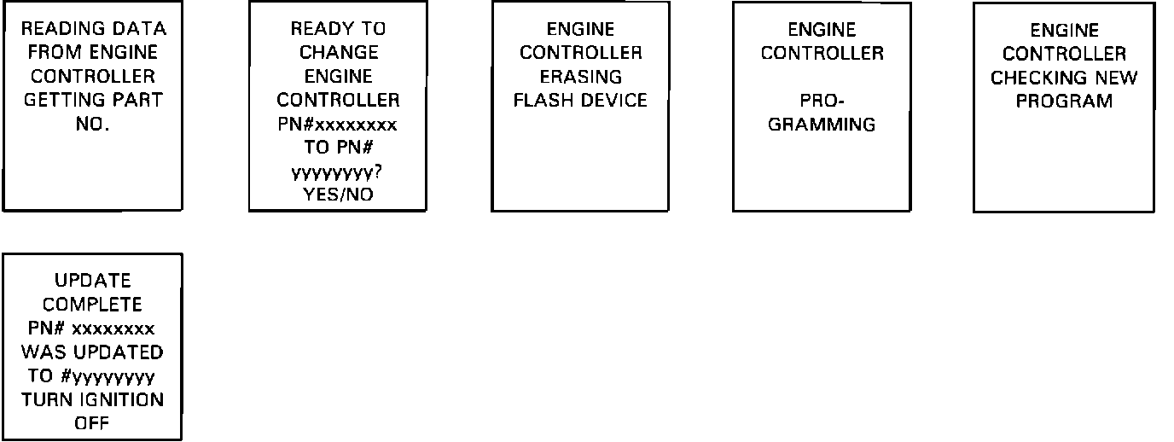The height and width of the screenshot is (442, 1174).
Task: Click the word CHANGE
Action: coord(339,52)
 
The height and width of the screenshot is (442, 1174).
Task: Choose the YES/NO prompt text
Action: coord(339,195)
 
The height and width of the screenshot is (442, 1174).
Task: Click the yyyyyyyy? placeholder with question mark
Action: coord(337,172)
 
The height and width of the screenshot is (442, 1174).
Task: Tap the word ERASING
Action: coord(581,77)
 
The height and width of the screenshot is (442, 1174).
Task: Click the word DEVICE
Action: coord(614,100)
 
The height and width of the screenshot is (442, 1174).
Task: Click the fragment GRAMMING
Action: coord(822,124)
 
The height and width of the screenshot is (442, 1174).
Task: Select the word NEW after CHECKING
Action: coord(1113,78)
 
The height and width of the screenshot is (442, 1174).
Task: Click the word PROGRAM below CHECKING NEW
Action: coord(1064,101)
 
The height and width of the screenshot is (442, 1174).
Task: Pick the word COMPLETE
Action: coord(92,305)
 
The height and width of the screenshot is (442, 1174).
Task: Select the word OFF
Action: coord(92,422)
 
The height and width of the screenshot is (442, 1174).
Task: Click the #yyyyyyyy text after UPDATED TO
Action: coord(108,375)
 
